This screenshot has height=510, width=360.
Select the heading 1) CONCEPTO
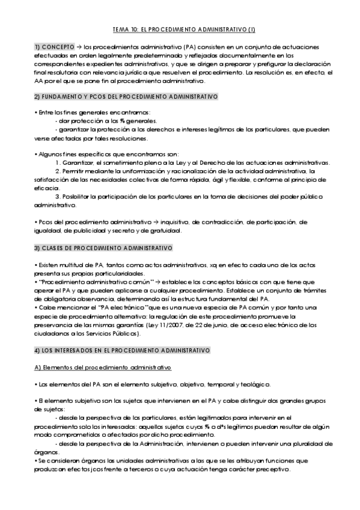pyautogui.click(x=52, y=46)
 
